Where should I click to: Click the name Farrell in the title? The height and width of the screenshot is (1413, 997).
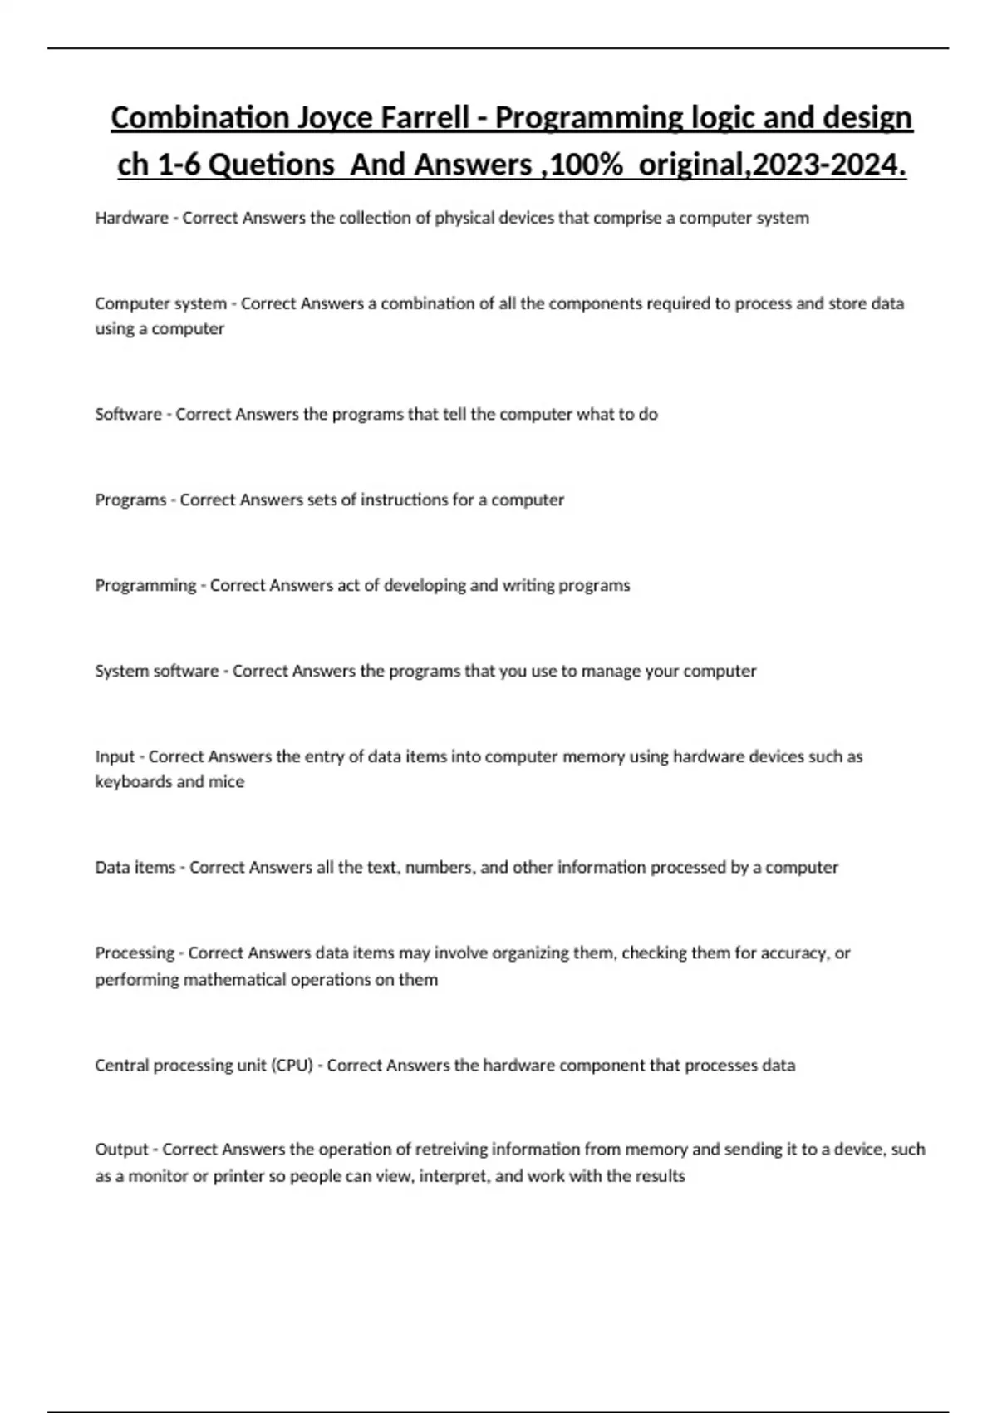[425, 118]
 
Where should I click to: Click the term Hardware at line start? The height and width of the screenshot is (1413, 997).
[131, 218]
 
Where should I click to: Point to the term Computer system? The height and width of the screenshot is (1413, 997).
[160, 303]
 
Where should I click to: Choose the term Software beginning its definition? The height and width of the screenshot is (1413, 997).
[128, 414]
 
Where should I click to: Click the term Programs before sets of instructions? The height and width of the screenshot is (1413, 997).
[130, 500]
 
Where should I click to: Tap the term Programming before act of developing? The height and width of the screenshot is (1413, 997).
[145, 585]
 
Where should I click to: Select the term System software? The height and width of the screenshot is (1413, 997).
[156, 671]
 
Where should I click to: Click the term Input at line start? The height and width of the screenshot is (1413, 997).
[115, 756]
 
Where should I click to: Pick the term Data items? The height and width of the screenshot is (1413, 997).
[135, 867]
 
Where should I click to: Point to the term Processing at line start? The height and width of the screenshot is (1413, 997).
[135, 953]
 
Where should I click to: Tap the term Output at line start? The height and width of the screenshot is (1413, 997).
[121, 1149]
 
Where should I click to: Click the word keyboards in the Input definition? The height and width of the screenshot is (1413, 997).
[133, 781]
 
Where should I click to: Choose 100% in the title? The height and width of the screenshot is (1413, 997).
[587, 165]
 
